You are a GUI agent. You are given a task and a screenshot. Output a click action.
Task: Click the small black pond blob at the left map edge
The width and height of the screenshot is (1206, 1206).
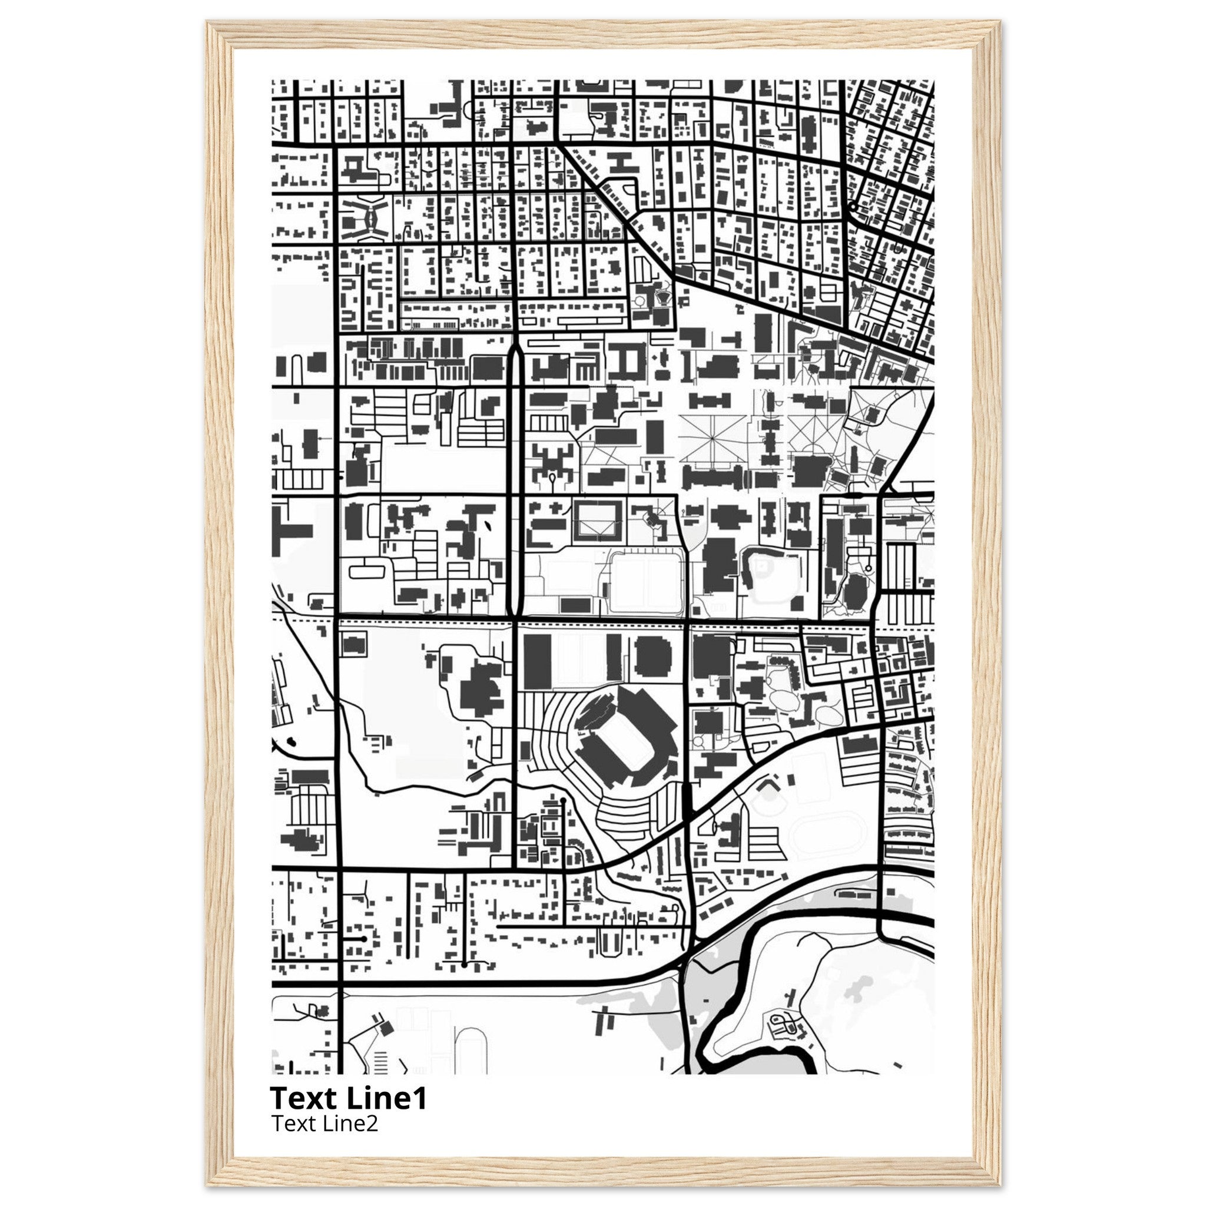pyautogui.click(x=291, y=742)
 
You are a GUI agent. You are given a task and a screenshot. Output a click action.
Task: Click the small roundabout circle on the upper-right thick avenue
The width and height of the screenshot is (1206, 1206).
pyautogui.click(x=852, y=207)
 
